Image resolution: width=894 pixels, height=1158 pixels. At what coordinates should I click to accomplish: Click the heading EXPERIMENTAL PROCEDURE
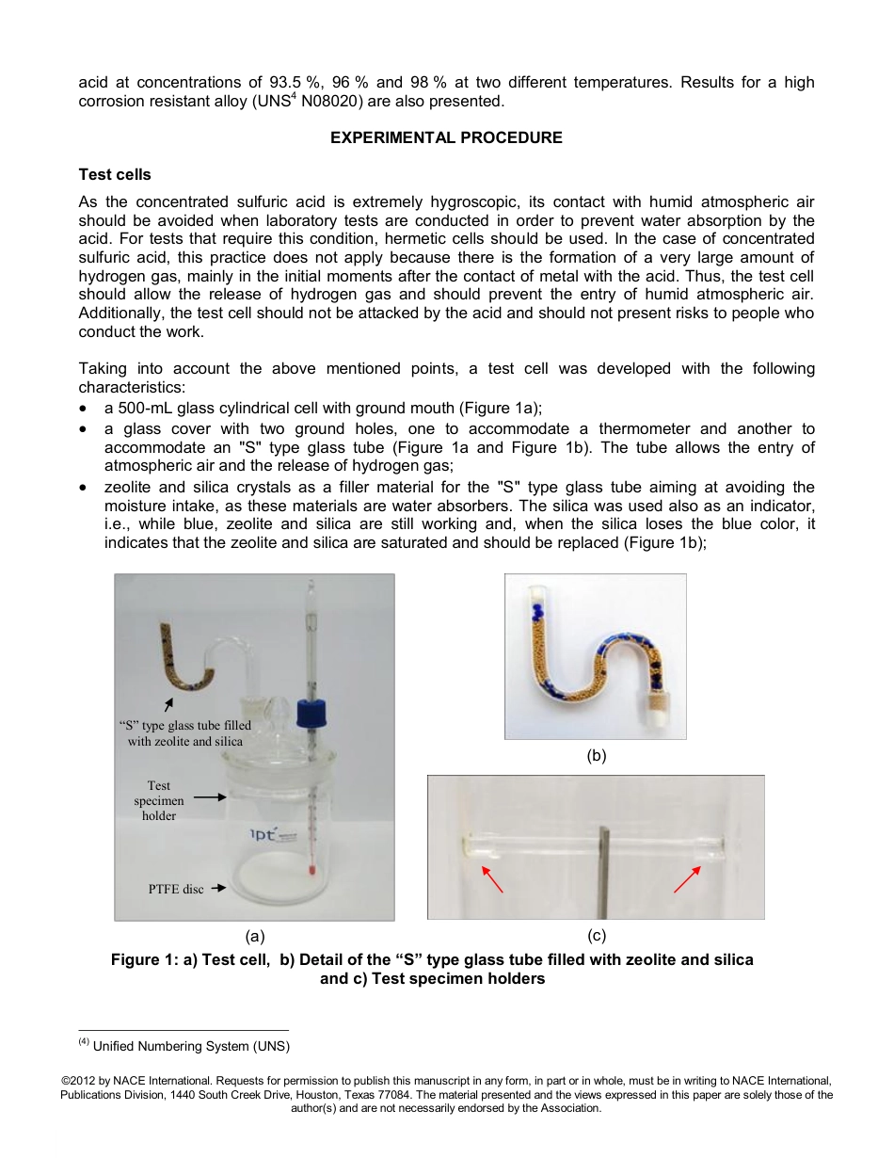pos(446,137)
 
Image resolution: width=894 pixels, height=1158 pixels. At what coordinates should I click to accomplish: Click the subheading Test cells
pos(115,175)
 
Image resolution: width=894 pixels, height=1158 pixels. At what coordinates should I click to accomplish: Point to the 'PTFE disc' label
pos(176,889)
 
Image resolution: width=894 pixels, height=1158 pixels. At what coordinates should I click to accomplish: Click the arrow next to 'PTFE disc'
pos(217,888)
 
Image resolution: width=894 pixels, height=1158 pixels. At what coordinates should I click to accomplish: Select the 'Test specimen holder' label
pos(159,800)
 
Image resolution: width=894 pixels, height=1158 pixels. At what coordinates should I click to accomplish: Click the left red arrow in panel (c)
pos(491,878)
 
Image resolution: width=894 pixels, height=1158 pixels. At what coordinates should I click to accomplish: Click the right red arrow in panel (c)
pos(687,878)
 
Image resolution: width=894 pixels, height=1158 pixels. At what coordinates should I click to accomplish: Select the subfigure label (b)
pos(597,755)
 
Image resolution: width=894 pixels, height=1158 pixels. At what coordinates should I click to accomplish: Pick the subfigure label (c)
pos(597,936)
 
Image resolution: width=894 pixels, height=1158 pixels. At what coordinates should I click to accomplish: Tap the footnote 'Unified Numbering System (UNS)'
pos(191,1046)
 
